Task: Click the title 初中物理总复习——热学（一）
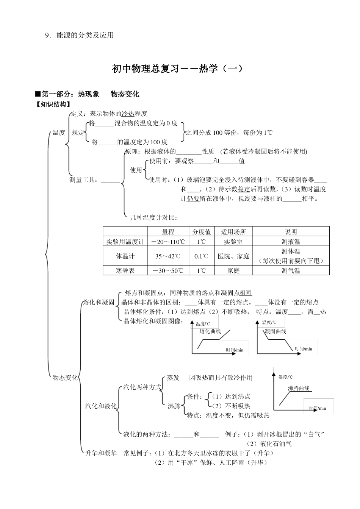pyautogui.click(x=177, y=69)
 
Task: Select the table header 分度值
pyautogui.click(x=202, y=232)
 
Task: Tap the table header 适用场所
pyautogui.click(x=233, y=232)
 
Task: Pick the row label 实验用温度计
pyautogui.click(x=125, y=242)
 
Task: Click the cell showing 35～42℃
pyautogui.click(x=168, y=256)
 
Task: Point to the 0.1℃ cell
pyautogui.click(x=202, y=256)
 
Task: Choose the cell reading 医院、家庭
pyautogui.click(x=233, y=256)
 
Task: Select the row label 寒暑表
pyautogui.click(x=125, y=270)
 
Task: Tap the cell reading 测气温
pyautogui.click(x=291, y=270)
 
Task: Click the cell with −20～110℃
pyautogui.click(x=168, y=242)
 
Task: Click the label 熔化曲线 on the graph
pyautogui.click(x=210, y=331)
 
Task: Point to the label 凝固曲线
pyautogui.click(x=275, y=331)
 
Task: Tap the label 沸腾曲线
pyautogui.click(x=299, y=388)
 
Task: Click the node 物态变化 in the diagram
pyautogui.click(x=65, y=378)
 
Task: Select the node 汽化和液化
pyautogui.click(x=101, y=406)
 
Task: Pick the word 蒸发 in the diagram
pyautogui.click(x=173, y=378)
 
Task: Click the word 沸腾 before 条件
pyautogui.click(x=174, y=406)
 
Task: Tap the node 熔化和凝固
pyautogui.click(x=99, y=302)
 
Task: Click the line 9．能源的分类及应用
pyautogui.click(x=79, y=35)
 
